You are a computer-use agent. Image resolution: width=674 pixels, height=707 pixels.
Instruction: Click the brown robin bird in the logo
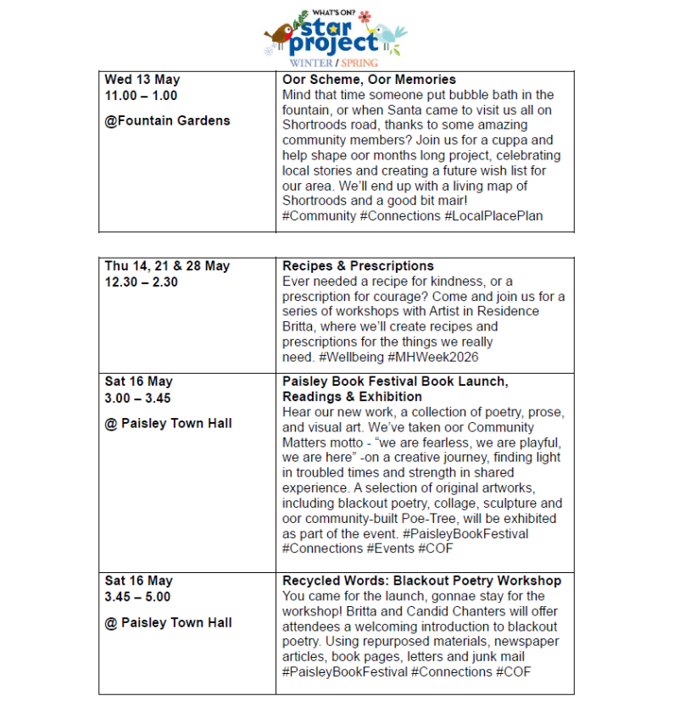pos(278,35)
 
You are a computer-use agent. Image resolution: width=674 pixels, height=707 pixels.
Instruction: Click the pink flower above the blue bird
pos(365,16)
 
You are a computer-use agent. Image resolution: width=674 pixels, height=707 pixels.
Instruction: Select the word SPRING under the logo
pos(359,63)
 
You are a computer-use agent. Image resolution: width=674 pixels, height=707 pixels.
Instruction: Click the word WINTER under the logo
pos(311,63)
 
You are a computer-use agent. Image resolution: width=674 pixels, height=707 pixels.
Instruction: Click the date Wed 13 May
pos(142,80)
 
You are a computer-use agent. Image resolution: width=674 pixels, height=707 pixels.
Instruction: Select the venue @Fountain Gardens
pos(167,120)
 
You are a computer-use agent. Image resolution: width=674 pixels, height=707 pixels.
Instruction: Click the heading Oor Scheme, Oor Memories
pos(369,80)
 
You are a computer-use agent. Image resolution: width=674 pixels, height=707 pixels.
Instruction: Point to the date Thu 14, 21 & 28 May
pos(167,266)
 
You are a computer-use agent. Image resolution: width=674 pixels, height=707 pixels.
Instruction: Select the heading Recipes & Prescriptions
pos(358,266)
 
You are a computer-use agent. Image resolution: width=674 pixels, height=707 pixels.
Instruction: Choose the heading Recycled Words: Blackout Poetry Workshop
pos(421,581)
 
